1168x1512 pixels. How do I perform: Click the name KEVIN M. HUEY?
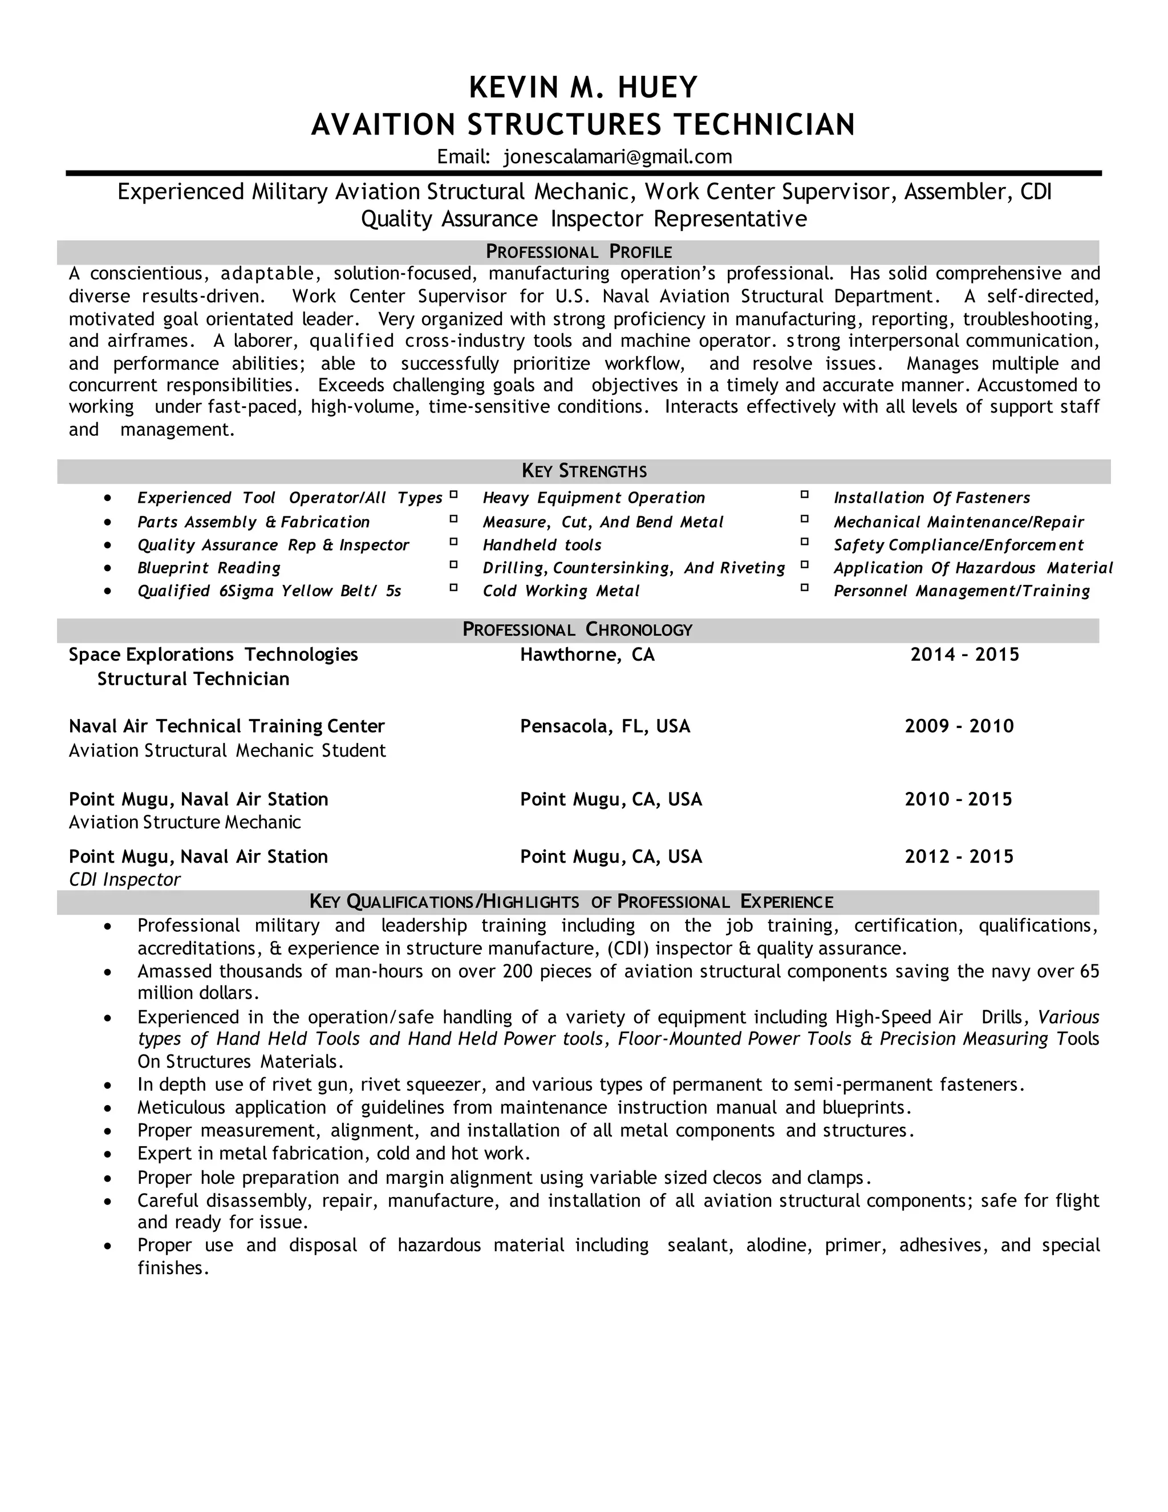tap(583, 88)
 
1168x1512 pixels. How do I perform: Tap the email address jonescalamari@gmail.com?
tap(617, 157)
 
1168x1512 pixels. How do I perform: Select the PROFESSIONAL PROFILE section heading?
tap(578, 251)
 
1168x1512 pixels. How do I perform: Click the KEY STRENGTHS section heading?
tap(584, 471)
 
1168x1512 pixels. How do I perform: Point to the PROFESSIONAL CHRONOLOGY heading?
tap(577, 629)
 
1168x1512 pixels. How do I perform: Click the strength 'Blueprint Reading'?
tap(209, 568)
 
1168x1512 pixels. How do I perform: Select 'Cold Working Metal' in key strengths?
tap(561, 591)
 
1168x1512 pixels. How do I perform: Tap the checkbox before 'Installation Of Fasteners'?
tap(805, 495)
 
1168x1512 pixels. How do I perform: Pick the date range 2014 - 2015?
tap(964, 655)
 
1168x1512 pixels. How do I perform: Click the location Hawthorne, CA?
tap(587, 655)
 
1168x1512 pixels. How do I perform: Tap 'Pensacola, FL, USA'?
tap(605, 726)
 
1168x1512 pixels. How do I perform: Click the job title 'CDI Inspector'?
tap(124, 880)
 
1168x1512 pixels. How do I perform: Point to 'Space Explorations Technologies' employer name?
tap(213, 655)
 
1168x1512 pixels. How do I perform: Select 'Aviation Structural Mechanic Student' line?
tap(227, 751)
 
